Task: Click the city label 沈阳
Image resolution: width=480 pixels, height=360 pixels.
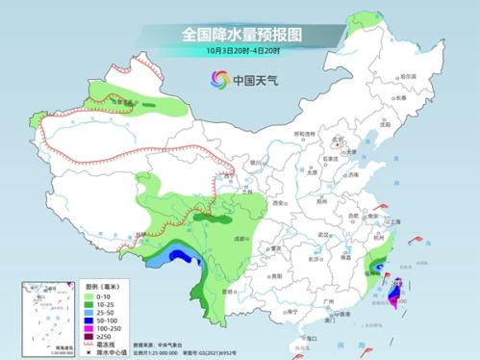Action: pyautogui.click(x=386, y=124)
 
